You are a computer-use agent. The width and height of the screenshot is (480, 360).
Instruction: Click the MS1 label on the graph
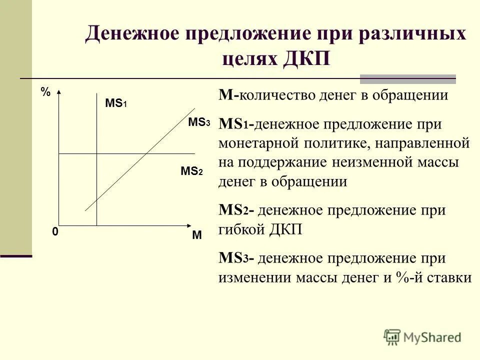click(x=116, y=103)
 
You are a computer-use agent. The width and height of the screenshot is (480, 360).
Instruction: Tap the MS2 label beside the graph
click(x=191, y=171)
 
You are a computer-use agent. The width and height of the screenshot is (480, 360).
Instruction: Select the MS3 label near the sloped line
click(x=199, y=122)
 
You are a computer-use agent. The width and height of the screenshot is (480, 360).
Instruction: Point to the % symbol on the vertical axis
click(x=45, y=92)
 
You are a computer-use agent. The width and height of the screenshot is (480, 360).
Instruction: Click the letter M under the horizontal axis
click(x=196, y=235)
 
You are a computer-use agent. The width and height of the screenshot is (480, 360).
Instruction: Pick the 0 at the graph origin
click(x=54, y=232)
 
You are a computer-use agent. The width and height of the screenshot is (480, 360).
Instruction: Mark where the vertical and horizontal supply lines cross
click(x=96, y=153)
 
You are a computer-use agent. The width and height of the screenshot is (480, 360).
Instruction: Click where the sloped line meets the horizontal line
click(x=145, y=153)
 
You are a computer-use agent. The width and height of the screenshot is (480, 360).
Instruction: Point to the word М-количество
click(x=267, y=95)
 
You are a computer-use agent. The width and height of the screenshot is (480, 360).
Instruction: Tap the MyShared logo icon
click(x=392, y=336)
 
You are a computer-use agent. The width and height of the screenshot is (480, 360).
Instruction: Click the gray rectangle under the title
click(x=408, y=78)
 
